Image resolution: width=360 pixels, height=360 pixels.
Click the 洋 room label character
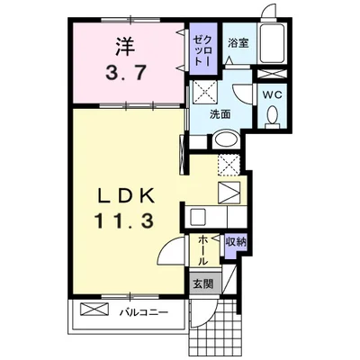click(x=124, y=47)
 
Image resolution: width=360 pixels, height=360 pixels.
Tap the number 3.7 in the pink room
click(x=126, y=73)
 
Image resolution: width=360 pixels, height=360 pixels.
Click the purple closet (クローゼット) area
click(x=203, y=49)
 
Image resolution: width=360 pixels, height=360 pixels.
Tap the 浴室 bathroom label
click(x=238, y=43)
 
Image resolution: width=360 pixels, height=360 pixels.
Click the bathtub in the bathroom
click(x=272, y=43)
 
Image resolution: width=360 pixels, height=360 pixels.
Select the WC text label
click(x=273, y=95)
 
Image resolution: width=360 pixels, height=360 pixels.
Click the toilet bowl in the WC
click(x=273, y=116)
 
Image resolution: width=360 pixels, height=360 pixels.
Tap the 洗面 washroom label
click(x=220, y=113)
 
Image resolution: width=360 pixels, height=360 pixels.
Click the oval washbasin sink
click(x=226, y=139)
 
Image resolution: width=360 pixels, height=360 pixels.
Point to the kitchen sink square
click(x=198, y=216)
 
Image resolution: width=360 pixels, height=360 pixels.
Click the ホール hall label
click(x=203, y=250)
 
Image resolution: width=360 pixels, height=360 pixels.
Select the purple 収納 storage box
click(x=236, y=247)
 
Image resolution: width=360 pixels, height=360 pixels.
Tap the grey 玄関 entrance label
click(x=203, y=283)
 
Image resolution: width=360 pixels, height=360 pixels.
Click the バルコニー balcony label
click(x=144, y=313)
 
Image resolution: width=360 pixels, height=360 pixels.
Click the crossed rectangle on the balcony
click(x=94, y=309)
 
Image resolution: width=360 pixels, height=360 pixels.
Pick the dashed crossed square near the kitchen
click(x=229, y=165)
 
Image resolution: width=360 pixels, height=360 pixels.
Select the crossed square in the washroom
click(x=204, y=91)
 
